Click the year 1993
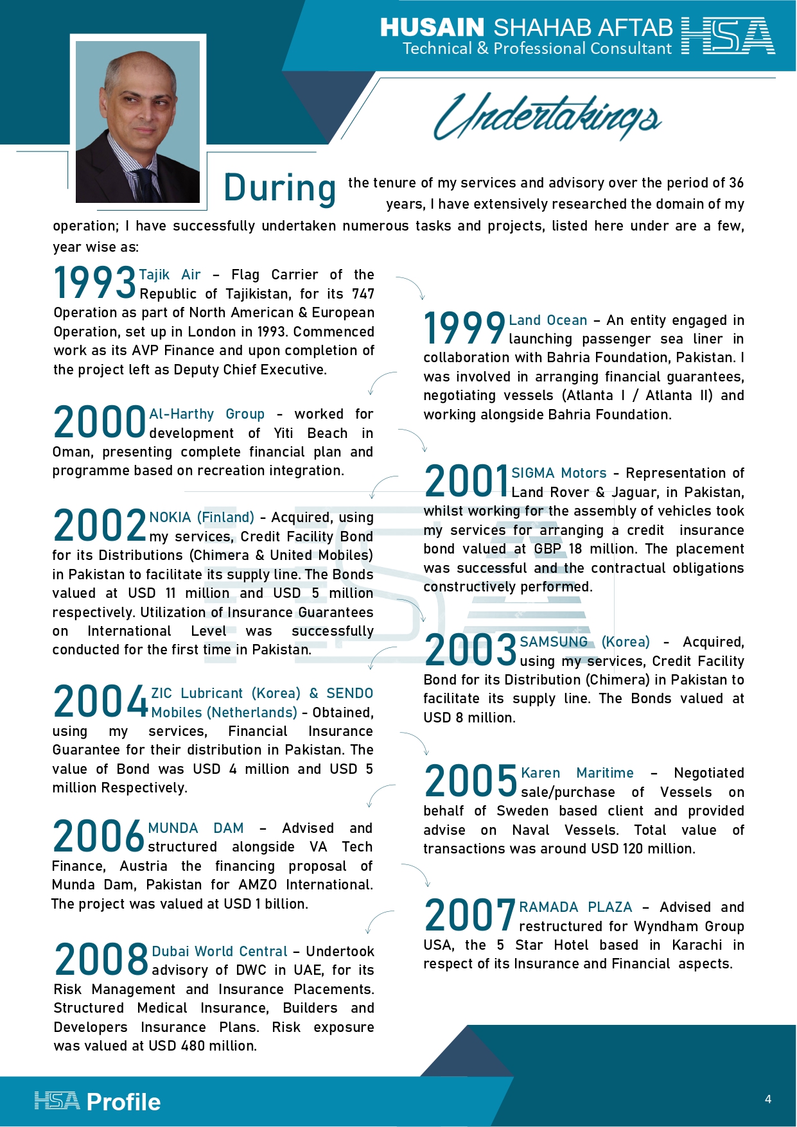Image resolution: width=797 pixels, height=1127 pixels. tap(94, 283)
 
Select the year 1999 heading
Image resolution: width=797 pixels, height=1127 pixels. tap(464, 328)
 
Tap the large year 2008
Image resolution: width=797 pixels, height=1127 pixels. tap(101, 959)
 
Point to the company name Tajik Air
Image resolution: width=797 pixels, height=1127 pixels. tap(170, 275)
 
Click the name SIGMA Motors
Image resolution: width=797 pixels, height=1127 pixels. tap(559, 473)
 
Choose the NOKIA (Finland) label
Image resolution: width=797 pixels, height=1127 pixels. tap(202, 518)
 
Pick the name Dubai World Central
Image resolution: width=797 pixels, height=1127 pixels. tap(220, 951)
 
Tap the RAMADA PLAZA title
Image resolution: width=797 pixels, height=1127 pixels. tap(575, 907)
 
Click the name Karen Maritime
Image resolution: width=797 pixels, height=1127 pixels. tap(577, 773)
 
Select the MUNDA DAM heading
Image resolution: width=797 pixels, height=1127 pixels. tap(196, 828)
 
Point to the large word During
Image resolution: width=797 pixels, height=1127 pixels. tap(279, 188)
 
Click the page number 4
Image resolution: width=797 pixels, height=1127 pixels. tap(767, 1099)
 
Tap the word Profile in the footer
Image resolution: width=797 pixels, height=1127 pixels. tap(123, 1102)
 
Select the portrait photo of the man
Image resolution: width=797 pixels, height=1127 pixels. tap(138, 122)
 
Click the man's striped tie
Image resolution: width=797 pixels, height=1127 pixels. tap(146, 186)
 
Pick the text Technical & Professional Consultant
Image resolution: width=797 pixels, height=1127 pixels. tap(537, 49)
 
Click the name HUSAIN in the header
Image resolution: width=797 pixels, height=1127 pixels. tap(432, 28)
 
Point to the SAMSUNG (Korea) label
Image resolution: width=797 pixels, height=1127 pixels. tap(584, 642)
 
